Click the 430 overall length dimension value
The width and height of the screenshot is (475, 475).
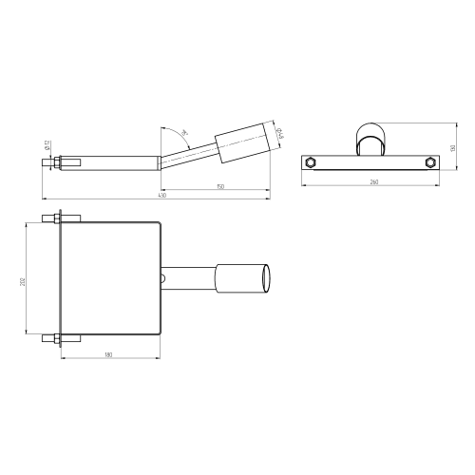[x=161, y=196]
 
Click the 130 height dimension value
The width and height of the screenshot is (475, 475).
[x=453, y=147]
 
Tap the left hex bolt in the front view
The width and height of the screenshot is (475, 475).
[x=310, y=162]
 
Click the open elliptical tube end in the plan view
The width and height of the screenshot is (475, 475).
[x=270, y=277]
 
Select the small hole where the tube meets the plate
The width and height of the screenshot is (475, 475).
[x=162, y=278]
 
